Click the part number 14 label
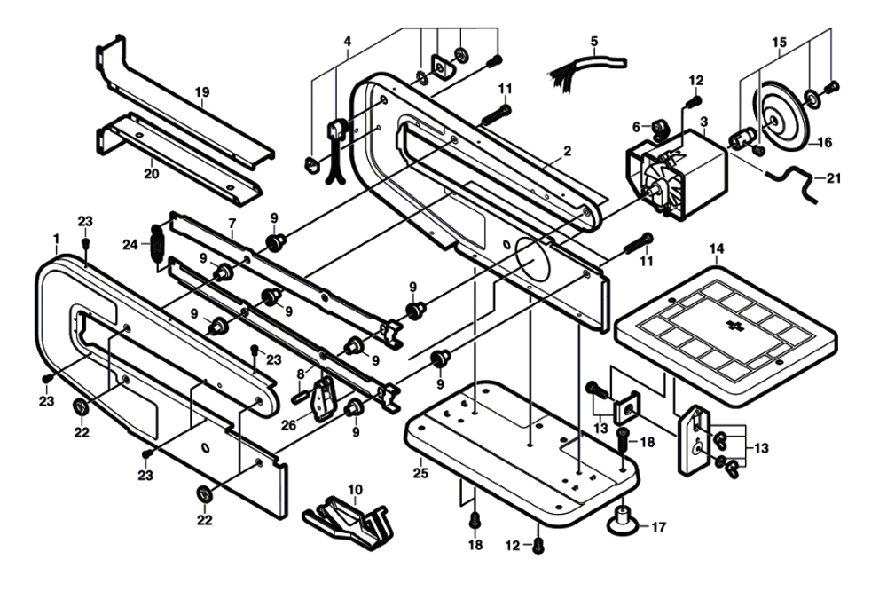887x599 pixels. click(716, 249)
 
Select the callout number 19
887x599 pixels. click(202, 91)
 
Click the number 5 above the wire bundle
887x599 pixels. click(594, 41)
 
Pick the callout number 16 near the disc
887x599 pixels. click(824, 141)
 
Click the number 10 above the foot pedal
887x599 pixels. click(355, 489)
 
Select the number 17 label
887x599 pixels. click(657, 527)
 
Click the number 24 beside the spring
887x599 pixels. click(130, 244)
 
